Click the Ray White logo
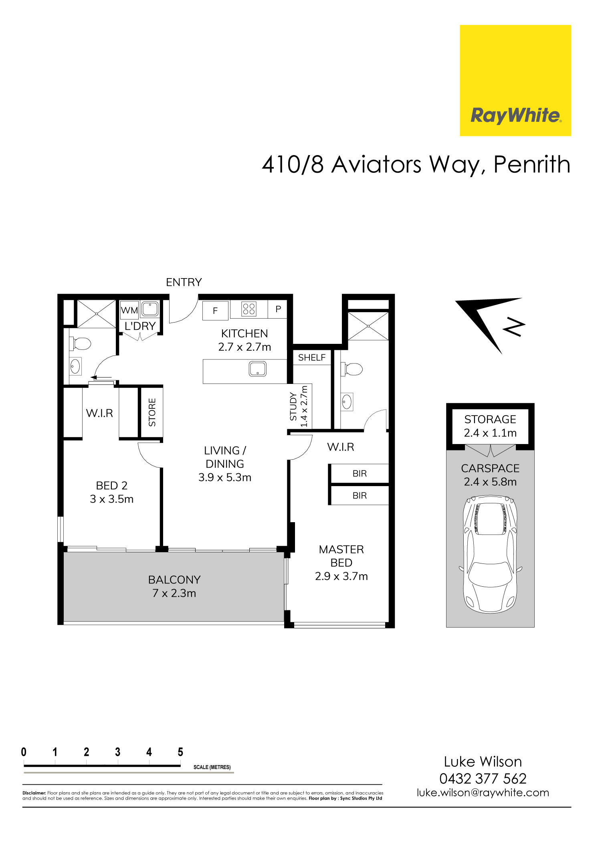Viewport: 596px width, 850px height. click(515, 80)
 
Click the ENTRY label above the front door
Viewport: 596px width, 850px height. click(184, 282)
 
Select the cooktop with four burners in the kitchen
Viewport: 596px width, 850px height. click(249, 309)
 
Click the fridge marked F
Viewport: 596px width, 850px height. click(215, 311)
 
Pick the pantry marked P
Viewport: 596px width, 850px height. click(278, 309)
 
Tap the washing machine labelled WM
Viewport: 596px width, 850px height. click(129, 310)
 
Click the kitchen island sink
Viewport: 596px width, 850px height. click(257, 369)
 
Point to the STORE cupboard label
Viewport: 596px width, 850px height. click(152, 412)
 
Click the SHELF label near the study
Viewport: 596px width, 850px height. click(312, 357)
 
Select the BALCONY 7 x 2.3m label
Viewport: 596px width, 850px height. click(174, 586)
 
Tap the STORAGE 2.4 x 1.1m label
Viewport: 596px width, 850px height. click(490, 426)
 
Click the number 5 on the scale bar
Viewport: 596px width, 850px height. click(180, 752)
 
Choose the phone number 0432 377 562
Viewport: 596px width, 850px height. click(483, 778)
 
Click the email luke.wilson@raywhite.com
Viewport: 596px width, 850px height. click(483, 792)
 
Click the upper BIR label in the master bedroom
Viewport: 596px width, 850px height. click(360, 474)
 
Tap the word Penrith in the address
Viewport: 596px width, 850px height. click(531, 164)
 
